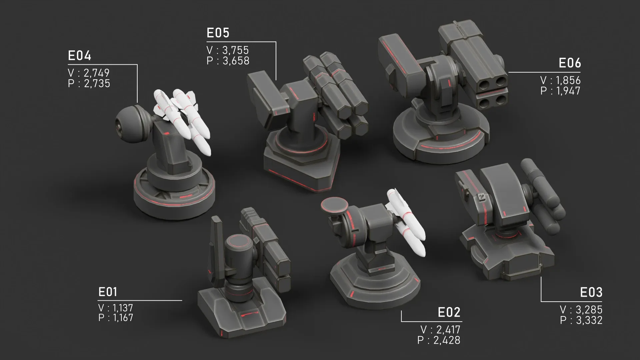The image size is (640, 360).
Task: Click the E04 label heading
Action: pyautogui.click(x=80, y=56)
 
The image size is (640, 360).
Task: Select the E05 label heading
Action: pyautogui.click(x=218, y=33)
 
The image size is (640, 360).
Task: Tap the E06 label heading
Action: pyautogui.click(x=570, y=63)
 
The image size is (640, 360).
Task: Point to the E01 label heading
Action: pyautogui.click(x=108, y=292)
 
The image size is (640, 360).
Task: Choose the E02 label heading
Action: pyautogui.click(x=449, y=312)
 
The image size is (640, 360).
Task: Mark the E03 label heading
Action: pyautogui.click(x=591, y=292)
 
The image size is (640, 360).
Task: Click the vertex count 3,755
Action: pyautogui.click(x=235, y=50)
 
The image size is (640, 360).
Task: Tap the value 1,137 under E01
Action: pyautogui.click(x=123, y=308)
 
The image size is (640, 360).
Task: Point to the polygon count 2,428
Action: pyautogui.click(x=447, y=340)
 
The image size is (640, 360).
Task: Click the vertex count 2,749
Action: pyautogui.click(x=97, y=73)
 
